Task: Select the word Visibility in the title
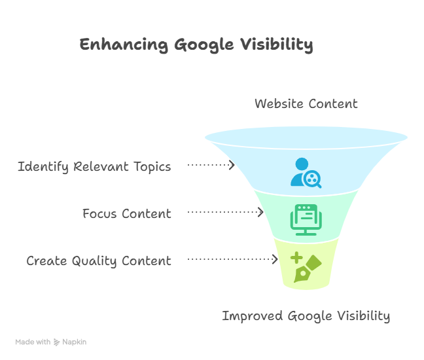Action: (276, 45)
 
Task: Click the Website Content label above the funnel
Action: (306, 103)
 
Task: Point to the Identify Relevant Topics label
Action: (94, 166)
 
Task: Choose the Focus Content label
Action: (127, 213)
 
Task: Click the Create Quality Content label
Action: (99, 261)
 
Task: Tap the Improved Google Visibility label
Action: (306, 316)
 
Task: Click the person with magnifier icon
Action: (306, 173)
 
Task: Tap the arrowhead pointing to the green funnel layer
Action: (260, 212)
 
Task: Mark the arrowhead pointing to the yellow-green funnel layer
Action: (275, 260)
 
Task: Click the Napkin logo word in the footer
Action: (74, 342)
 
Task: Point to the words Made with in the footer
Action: (33, 342)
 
